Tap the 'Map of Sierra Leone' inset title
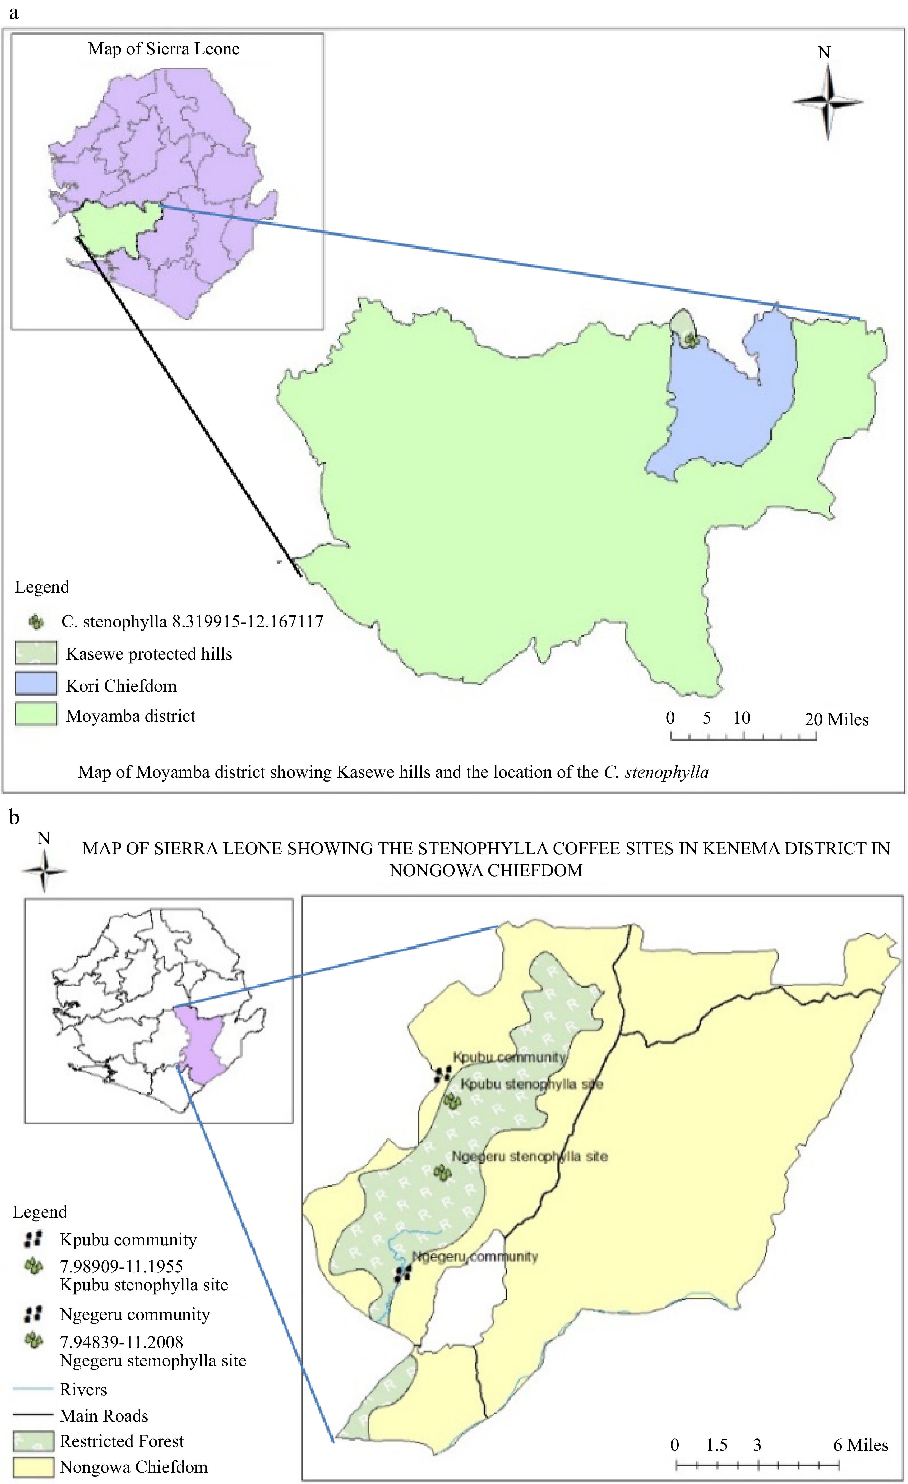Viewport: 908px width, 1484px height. tap(164, 49)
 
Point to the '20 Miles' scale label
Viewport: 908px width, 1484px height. tap(836, 719)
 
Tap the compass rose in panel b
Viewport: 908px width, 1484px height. tap(44, 871)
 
